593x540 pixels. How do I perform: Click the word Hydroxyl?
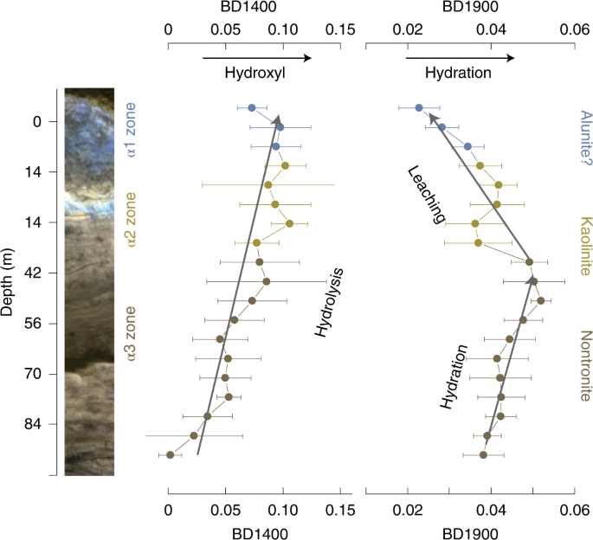click(255, 74)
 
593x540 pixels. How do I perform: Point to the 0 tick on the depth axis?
click(37, 122)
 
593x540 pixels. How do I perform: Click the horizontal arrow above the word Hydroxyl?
click(256, 58)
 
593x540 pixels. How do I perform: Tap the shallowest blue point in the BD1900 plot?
click(419, 108)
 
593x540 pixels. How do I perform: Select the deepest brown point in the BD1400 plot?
click(171, 454)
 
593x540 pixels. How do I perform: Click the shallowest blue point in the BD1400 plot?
click(252, 108)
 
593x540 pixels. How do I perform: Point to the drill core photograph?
click(90, 281)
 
